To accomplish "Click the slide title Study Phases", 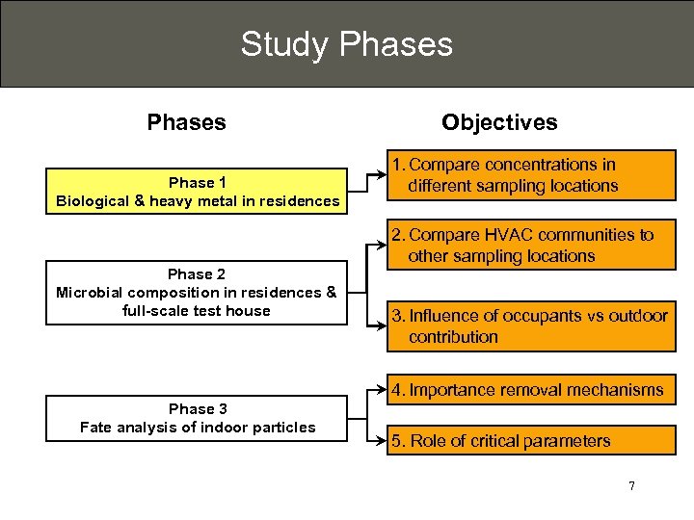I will [x=346, y=44].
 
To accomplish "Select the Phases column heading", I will [x=186, y=122].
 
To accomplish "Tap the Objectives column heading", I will [x=498, y=122].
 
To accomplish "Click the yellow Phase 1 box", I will [x=197, y=191].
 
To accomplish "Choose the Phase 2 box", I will [x=197, y=293].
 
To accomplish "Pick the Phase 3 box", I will [x=197, y=418].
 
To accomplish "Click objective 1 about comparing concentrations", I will [x=532, y=175].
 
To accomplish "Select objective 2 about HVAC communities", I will [x=532, y=246].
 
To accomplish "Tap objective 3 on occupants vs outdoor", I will [x=532, y=326].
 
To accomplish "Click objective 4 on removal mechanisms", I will [x=532, y=390].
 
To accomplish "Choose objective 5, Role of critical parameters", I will [x=532, y=441].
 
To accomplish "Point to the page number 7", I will [x=631, y=485].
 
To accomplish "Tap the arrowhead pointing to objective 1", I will [x=382, y=174].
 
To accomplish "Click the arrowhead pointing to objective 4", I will [x=382, y=390].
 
